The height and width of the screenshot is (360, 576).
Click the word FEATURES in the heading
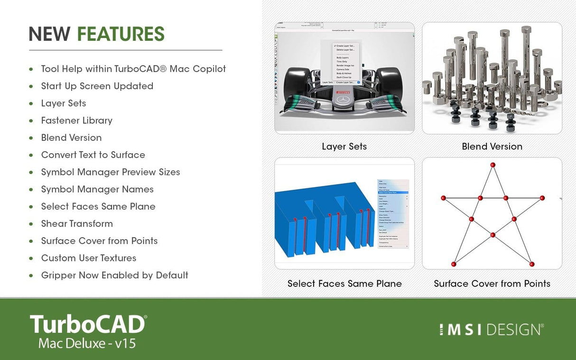click(x=121, y=34)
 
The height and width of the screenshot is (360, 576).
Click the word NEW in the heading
click(x=49, y=34)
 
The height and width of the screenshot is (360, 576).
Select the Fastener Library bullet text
click(x=77, y=120)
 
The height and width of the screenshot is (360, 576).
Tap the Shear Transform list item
click(x=77, y=223)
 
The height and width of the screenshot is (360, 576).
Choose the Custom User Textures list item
click(x=89, y=258)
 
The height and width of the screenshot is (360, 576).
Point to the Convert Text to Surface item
click(x=93, y=155)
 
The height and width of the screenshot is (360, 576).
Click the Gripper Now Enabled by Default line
click(x=115, y=275)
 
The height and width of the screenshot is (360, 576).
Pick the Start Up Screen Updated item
click(x=97, y=86)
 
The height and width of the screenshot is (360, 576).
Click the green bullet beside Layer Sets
click(x=31, y=103)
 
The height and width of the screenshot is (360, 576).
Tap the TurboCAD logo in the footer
click(x=88, y=324)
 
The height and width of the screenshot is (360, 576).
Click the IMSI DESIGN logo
click(x=491, y=330)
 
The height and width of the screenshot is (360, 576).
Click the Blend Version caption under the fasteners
click(x=492, y=147)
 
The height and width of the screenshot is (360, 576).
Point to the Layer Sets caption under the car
click(x=344, y=147)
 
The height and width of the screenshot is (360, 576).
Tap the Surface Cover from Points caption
click(x=492, y=284)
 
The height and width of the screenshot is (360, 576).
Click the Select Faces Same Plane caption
click(x=344, y=284)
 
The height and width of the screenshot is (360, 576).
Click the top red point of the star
click(x=493, y=165)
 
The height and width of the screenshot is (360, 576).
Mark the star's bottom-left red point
click(x=454, y=264)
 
